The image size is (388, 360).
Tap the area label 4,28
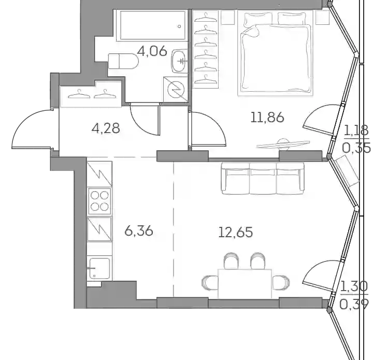[x=106, y=128]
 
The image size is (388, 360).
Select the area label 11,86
[x=267, y=117]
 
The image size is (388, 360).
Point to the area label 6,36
[x=139, y=231]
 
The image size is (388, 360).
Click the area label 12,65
[x=236, y=233]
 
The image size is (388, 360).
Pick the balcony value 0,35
[x=356, y=148]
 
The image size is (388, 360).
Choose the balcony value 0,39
[x=354, y=304]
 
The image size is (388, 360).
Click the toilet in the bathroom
[x=123, y=61]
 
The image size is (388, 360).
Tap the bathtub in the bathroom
[x=152, y=25]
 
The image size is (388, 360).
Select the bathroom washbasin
[x=179, y=61]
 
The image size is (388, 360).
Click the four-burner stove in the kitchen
[x=99, y=201]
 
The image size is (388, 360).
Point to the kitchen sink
[x=99, y=268]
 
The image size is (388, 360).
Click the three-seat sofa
[x=263, y=178]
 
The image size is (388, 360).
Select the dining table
[x=245, y=283]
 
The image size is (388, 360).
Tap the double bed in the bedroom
[x=276, y=53]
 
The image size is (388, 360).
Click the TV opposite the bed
[x=283, y=144]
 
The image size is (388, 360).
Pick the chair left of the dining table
[x=210, y=283]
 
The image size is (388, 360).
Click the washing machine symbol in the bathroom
[x=175, y=89]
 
